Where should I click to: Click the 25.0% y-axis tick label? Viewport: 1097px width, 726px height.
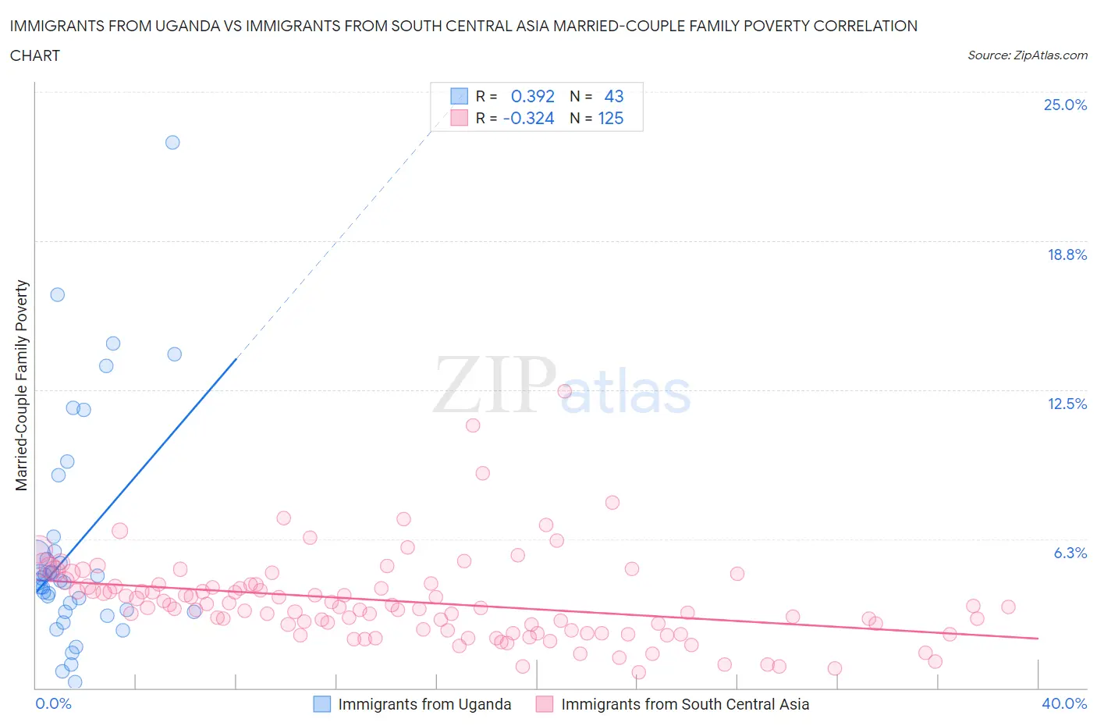1065,105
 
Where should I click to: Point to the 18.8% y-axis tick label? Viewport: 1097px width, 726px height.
1067,254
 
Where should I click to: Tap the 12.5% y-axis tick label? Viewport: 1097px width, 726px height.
1067,404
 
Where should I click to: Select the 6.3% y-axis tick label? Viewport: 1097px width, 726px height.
1070,553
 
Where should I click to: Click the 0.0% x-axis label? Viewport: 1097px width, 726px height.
53,703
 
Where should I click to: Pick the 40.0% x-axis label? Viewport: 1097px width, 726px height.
1064,703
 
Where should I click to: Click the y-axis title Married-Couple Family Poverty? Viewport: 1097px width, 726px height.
22,386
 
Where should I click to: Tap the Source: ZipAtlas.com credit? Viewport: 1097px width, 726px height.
1027,55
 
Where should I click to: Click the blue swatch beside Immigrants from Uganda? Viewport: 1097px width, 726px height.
322,704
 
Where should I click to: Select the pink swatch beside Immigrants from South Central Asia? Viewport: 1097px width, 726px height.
545,704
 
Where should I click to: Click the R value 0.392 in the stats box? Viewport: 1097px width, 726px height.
532,96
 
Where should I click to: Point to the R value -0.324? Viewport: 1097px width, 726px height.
528,118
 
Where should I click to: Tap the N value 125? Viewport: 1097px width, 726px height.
610,118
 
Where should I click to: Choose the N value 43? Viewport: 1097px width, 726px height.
613,96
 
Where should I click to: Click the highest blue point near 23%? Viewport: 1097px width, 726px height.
172,142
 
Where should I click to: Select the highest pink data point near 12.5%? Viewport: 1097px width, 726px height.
565,391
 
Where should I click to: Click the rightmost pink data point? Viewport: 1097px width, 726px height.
1008,607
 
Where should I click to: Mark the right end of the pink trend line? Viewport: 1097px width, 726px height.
1038,639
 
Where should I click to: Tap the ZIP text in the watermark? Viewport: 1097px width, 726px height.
494,385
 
